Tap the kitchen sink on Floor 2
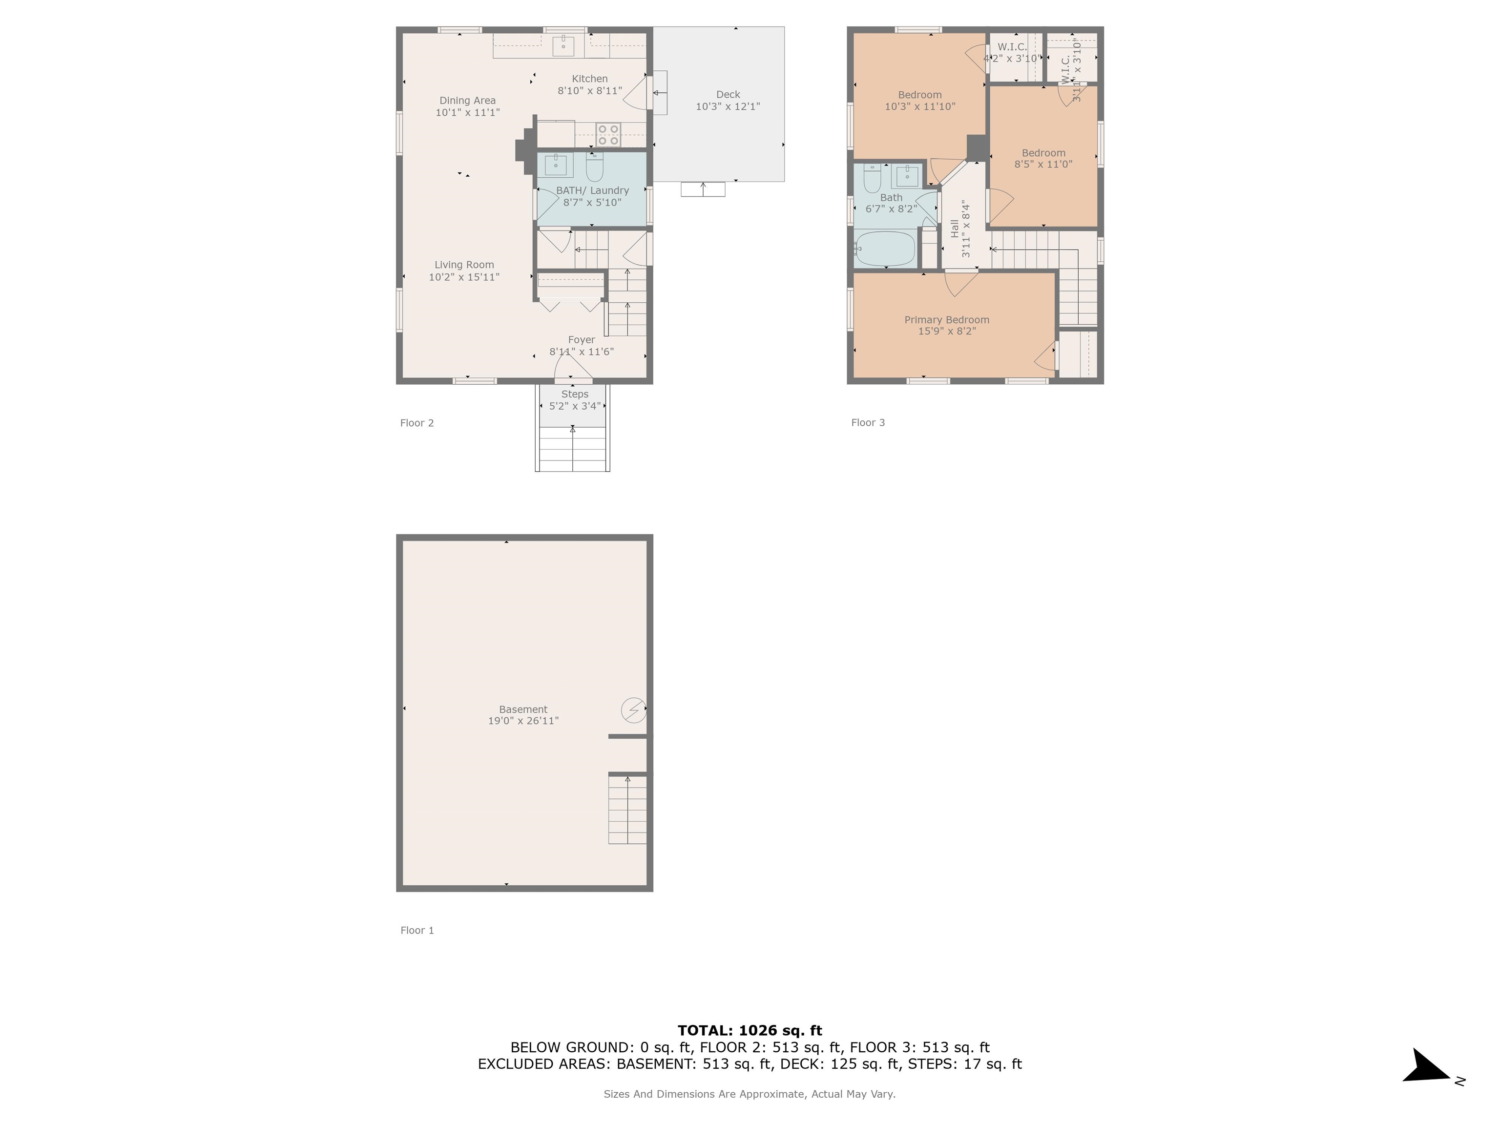(x=563, y=46)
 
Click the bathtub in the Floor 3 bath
(x=885, y=249)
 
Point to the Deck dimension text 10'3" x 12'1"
(x=728, y=106)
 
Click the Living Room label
(x=464, y=265)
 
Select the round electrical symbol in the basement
(x=633, y=710)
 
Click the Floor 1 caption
(x=417, y=930)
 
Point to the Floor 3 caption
(x=868, y=422)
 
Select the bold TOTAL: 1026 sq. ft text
(x=750, y=1031)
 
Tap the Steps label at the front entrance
(x=574, y=394)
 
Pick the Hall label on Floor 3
(x=955, y=229)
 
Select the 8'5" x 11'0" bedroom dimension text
(x=1043, y=164)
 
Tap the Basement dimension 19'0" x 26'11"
(x=523, y=721)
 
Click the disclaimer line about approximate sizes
(x=750, y=1094)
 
